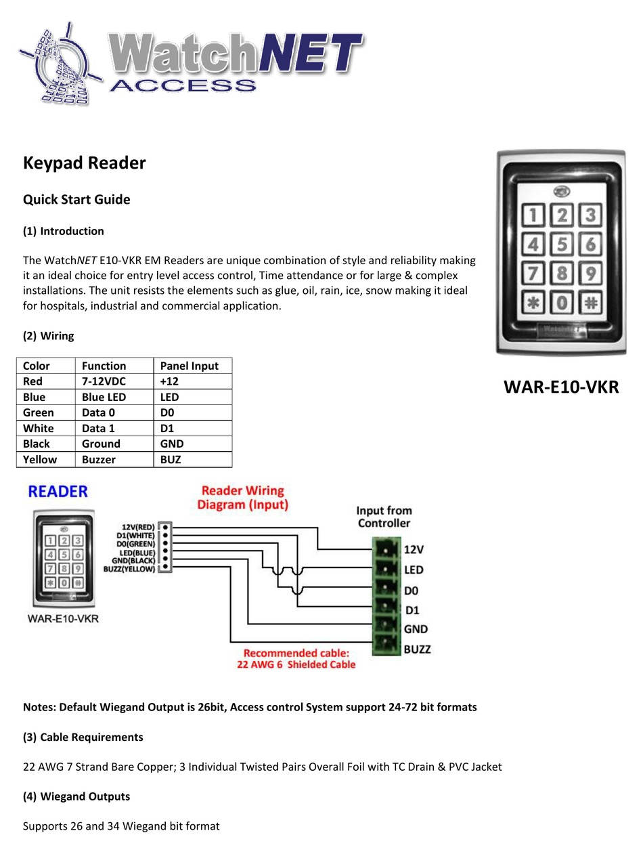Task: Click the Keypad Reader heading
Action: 84,163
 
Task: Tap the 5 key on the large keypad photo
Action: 562,244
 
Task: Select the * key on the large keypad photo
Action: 533,302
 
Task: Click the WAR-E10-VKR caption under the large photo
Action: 561,387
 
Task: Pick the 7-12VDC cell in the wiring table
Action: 104,381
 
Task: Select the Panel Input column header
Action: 189,366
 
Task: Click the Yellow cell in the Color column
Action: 39,459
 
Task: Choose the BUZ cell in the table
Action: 171,459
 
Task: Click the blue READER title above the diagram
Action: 58,492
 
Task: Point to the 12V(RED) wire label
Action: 137,527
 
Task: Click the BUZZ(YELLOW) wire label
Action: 129,569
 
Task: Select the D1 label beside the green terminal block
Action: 412,610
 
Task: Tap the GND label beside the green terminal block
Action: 416,629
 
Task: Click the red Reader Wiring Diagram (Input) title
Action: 242,498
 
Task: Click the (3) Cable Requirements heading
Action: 83,737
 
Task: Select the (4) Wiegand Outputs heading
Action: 76,796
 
